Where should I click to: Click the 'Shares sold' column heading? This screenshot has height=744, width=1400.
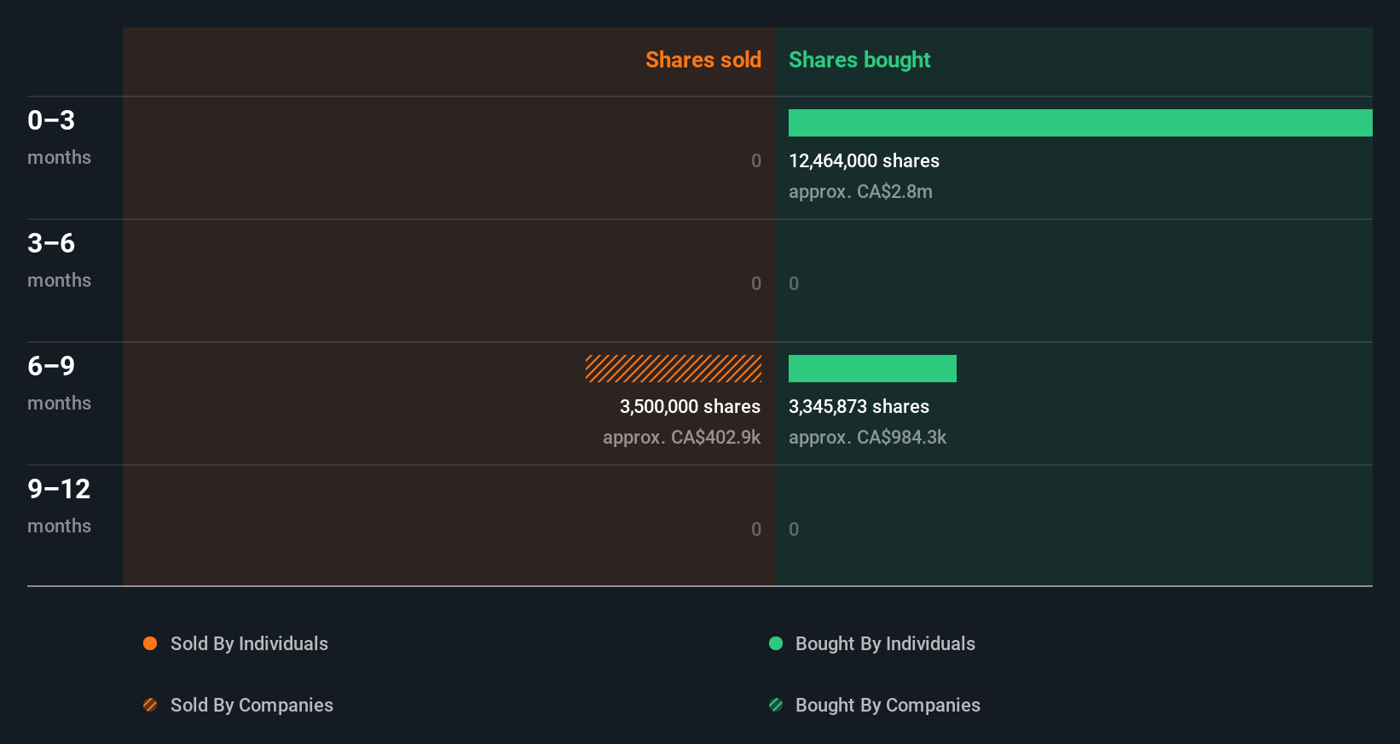(703, 60)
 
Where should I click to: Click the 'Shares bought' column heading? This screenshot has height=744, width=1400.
(859, 60)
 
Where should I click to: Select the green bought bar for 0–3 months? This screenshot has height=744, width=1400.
(1079, 123)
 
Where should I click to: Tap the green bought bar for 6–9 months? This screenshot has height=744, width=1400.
(871, 369)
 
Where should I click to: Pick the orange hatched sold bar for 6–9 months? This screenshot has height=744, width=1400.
(673, 369)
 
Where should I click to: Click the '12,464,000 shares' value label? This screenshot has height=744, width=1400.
(864, 161)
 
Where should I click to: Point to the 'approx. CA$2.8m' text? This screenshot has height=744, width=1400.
(859, 192)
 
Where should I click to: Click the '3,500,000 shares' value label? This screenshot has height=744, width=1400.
(690, 407)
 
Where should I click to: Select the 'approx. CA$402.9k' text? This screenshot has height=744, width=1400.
(681, 438)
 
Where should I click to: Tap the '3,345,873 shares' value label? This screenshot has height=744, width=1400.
(859, 407)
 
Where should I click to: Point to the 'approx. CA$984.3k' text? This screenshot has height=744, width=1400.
(867, 438)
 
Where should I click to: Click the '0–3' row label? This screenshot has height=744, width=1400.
(51, 120)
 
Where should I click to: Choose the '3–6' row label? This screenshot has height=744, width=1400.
(51, 243)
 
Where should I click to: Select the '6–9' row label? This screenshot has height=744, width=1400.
(51, 366)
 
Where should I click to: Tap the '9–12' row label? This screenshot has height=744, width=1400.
(58, 489)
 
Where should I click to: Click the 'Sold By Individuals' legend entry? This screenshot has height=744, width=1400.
(248, 644)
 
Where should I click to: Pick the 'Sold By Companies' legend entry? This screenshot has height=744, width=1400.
(251, 706)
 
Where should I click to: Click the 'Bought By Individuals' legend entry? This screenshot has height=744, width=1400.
(884, 644)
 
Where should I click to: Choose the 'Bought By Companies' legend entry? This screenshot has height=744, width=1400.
(887, 706)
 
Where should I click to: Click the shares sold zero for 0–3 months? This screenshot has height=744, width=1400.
(755, 161)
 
